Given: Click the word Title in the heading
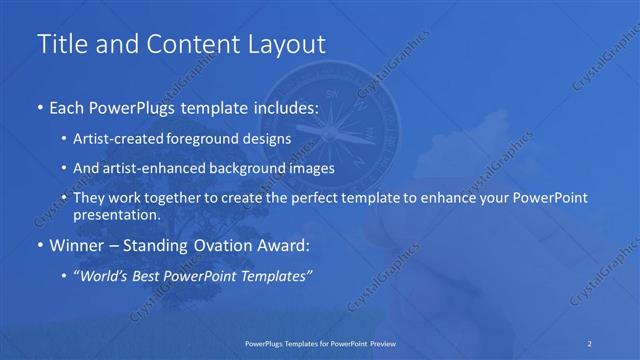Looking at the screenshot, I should [x=59, y=44].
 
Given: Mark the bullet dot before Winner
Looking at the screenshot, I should [x=39, y=246].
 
